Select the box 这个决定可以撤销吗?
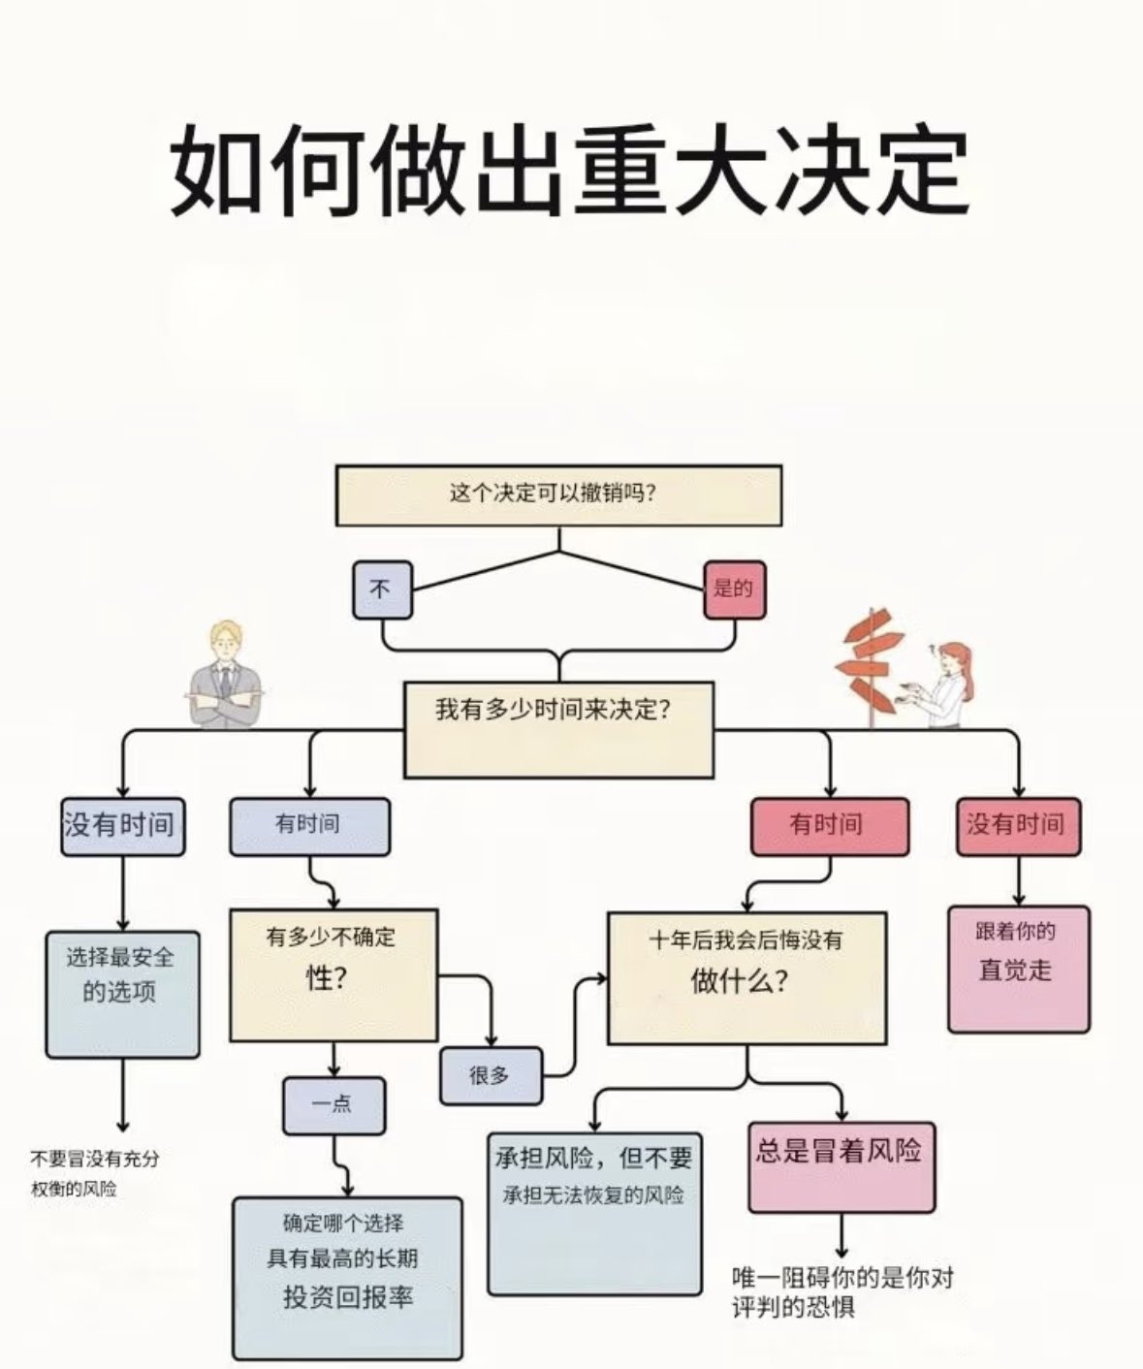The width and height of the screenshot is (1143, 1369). (x=558, y=495)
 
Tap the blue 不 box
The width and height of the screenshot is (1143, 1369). (x=382, y=590)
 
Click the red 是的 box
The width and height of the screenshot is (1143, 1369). (x=735, y=590)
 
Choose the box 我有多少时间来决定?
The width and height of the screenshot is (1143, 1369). (x=558, y=730)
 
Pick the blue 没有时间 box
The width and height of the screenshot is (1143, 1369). (x=122, y=827)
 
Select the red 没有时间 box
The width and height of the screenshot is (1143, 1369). (x=1018, y=827)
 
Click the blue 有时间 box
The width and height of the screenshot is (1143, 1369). (x=309, y=827)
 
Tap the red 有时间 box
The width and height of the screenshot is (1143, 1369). (x=830, y=827)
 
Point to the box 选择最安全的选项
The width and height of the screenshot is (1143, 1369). (x=122, y=995)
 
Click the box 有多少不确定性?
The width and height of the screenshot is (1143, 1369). (x=333, y=975)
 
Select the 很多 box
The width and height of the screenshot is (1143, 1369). (x=492, y=1076)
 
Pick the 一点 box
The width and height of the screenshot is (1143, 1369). (x=333, y=1105)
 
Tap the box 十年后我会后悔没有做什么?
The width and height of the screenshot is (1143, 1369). (x=746, y=977)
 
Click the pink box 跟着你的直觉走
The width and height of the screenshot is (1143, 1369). (x=1018, y=970)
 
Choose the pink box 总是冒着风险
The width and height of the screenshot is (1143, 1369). (x=841, y=1167)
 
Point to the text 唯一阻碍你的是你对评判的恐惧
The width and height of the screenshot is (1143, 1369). (x=842, y=1291)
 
